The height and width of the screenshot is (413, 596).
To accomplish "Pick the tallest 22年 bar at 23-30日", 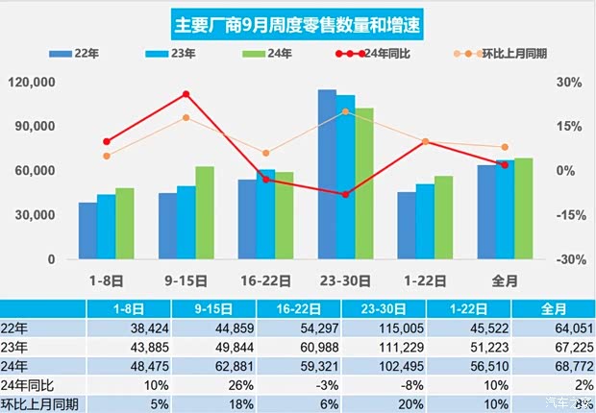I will pyautogui.click(x=327, y=175).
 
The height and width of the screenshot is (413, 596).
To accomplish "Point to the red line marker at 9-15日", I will pyautogui.click(x=186, y=94).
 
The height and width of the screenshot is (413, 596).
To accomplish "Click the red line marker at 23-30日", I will pyautogui.click(x=345, y=194).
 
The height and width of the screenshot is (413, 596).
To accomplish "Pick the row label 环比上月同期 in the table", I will pyautogui.click(x=40, y=403).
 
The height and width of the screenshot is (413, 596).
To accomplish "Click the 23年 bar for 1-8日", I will pyautogui.click(x=106, y=227).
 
